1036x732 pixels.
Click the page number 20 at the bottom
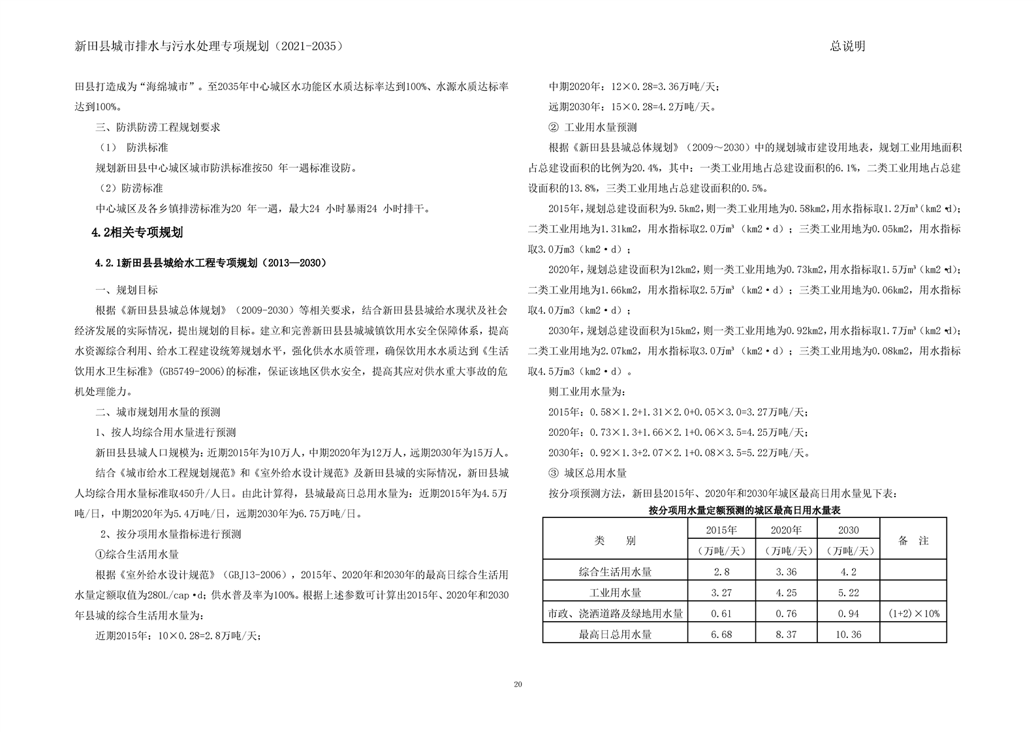click(x=518, y=684)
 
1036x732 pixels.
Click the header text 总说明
click(x=847, y=46)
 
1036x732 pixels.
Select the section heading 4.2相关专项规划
click(x=137, y=232)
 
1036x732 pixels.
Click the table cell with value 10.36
click(x=848, y=634)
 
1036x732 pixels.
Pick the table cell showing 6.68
click(x=721, y=634)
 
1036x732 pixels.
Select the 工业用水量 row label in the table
click(x=615, y=592)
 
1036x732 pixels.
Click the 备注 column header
click(x=913, y=540)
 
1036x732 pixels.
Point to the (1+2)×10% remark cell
click(x=913, y=613)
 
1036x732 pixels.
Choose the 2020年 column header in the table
click(x=785, y=530)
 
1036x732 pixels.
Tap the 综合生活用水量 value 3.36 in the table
click(x=785, y=572)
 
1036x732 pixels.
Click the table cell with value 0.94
click(x=848, y=613)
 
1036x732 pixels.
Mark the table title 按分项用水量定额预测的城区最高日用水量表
click(x=744, y=510)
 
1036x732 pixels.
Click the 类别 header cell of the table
click(x=615, y=540)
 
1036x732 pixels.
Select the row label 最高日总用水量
click(x=615, y=634)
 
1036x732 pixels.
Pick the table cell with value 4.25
click(x=785, y=592)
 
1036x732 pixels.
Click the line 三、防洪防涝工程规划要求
click(x=158, y=127)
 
